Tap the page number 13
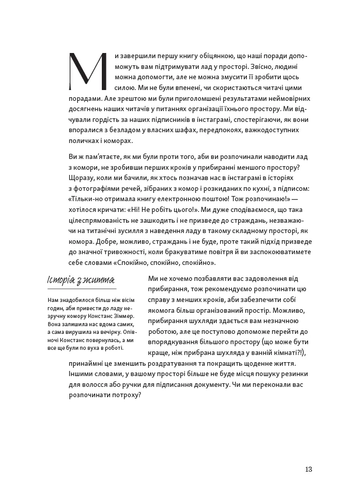[x=309, y=469]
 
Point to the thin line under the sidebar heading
[x=81, y=289]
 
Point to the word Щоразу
[x=81, y=179]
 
